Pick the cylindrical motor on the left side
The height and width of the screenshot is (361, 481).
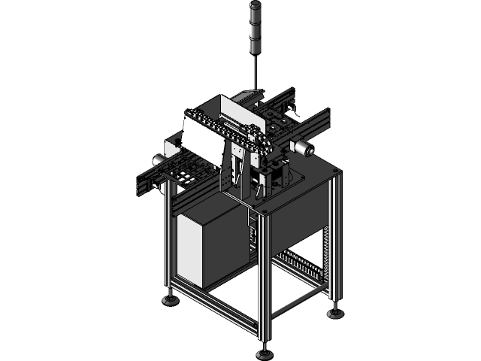159,159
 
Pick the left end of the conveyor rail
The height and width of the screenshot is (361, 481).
144,184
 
